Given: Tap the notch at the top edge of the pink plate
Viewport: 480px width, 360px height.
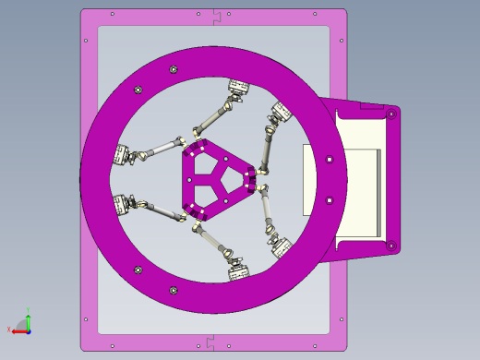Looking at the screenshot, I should (x=218, y=14).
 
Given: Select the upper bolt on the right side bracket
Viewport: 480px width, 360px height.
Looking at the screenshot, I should (x=391, y=114).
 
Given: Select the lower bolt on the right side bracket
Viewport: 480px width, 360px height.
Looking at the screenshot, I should (x=391, y=246).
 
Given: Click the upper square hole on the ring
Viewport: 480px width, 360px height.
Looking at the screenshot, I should (x=330, y=161).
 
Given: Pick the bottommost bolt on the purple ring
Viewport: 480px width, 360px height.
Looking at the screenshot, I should (x=174, y=290).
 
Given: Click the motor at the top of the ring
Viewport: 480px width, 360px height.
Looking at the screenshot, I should (x=239, y=90).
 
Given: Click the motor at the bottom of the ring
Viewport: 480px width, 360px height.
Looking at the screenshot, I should (x=238, y=270).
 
